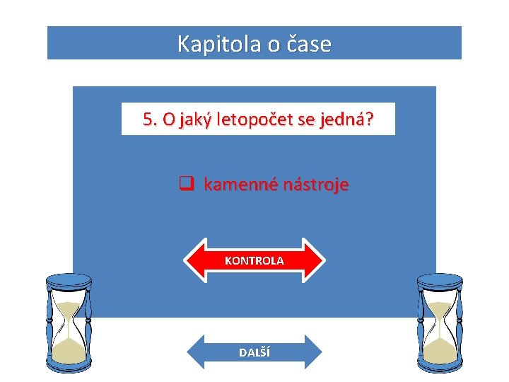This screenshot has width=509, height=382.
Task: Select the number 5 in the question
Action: tap(147, 120)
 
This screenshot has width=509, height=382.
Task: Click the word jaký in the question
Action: tap(190, 120)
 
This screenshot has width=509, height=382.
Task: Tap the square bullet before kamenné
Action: tap(186, 185)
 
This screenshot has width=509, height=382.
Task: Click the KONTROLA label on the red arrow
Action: tap(255, 260)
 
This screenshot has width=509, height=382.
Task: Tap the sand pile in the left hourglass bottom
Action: tap(69, 347)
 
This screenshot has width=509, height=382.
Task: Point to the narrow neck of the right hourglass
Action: tap(440, 325)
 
